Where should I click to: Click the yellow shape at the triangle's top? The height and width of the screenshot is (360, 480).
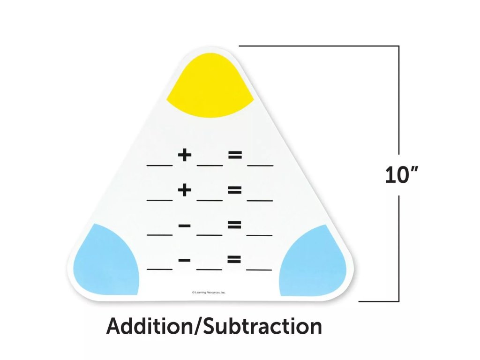coord(210,87)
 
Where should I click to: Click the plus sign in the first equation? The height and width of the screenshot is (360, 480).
coord(185,155)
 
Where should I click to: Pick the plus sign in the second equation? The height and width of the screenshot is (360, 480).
coord(185,190)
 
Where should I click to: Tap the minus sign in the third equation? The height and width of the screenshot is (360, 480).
coord(185,225)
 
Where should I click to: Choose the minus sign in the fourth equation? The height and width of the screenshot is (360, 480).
coord(185,259)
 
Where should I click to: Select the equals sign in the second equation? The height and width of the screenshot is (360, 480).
coord(235,190)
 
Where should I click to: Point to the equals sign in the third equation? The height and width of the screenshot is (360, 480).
coord(235,225)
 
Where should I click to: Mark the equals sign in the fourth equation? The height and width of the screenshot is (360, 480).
coord(234,259)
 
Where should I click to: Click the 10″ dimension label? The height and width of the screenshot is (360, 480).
coord(401,175)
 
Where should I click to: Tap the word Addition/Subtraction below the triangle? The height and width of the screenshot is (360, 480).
coord(214,326)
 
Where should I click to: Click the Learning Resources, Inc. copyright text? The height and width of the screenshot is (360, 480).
coord(209,292)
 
